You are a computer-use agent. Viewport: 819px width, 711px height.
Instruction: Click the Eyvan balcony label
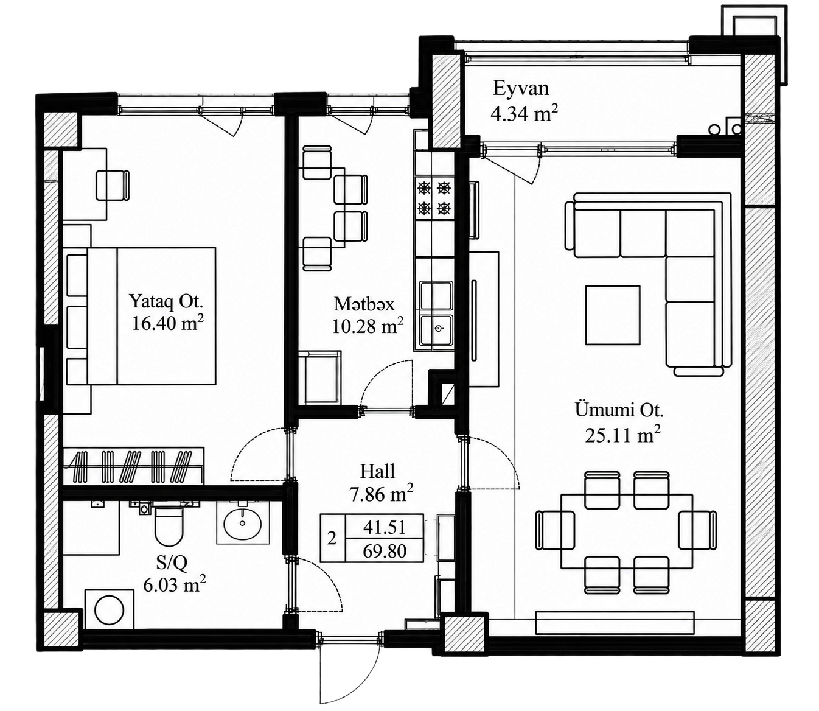(x=520, y=88)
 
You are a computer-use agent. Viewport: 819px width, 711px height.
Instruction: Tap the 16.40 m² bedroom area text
(x=168, y=323)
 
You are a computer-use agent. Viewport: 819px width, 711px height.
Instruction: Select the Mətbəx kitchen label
(x=364, y=304)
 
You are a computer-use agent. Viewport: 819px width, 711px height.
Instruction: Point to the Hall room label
(x=377, y=471)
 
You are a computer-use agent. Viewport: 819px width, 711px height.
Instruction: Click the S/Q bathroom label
(x=172, y=563)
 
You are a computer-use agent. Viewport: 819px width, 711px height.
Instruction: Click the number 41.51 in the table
(x=385, y=527)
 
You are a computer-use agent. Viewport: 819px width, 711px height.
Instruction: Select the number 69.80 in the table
(x=385, y=552)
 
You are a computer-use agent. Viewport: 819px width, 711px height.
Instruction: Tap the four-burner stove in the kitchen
(x=434, y=198)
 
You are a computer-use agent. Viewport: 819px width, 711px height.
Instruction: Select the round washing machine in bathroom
(x=110, y=609)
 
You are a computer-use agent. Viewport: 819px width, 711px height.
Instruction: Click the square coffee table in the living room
(x=613, y=315)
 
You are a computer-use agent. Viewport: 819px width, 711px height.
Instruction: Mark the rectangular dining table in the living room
(x=627, y=531)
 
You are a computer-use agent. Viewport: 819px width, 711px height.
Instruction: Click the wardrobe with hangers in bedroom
(x=134, y=466)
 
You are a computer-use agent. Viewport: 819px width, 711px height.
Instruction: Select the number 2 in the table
(x=332, y=539)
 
